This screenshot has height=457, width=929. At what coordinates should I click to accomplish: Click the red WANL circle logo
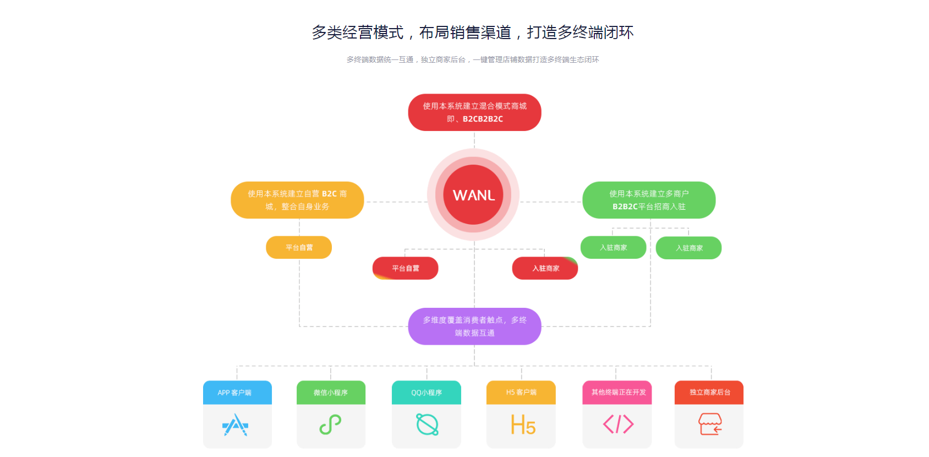tap(473, 194)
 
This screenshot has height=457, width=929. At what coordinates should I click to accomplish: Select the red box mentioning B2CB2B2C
tap(474, 112)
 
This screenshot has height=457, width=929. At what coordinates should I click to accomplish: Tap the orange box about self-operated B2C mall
tap(297, 200)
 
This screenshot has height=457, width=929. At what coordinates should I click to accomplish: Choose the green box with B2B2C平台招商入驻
tap(649, 200)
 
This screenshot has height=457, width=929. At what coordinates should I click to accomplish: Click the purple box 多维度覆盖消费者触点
tap(474, 326)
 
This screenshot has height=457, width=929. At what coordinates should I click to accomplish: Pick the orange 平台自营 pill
tap(299, 247)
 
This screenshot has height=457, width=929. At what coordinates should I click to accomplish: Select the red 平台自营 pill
tap(406, 268)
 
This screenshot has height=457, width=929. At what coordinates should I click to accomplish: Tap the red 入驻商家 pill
tap(545, 268)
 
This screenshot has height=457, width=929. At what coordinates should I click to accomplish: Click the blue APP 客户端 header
tap(237, 393)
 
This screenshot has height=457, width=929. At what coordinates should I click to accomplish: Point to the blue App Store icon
tap(236, 425)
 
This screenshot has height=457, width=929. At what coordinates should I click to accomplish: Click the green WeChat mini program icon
tap(331, 425)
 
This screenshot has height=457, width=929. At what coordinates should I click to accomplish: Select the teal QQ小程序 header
tap(427, 393)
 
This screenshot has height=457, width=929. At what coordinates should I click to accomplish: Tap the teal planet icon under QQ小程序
tap(427, 425)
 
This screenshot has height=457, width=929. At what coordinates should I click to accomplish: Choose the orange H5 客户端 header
tap(521, 393)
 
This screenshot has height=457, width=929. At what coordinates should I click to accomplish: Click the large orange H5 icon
tap(522, 425)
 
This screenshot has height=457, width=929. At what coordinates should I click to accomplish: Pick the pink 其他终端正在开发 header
tap(617, 393)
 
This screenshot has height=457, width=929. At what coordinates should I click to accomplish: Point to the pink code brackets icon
tap(618, 425)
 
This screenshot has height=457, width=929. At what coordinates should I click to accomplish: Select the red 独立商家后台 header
tap(709, 393)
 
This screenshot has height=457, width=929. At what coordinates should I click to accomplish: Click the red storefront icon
tap(710, 425)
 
